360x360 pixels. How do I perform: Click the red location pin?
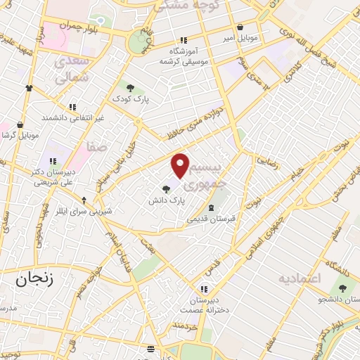[181, 165]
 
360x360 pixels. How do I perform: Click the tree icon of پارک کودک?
[130, 88]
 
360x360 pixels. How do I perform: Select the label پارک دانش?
[166, 200]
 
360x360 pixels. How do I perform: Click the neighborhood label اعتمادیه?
[300, 278]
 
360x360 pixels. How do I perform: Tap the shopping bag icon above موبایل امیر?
[240, 27]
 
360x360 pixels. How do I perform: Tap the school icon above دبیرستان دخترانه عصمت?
[203, 288]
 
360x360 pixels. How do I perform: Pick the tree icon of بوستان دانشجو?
[343, 288]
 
